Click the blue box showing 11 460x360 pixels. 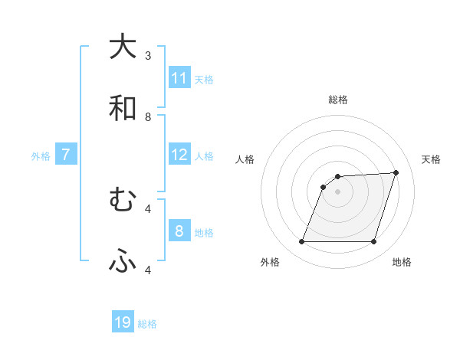coord(179,78)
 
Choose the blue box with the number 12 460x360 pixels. coord(179,155)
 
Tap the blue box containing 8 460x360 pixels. coord(179,231)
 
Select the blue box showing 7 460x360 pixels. coord(66,155)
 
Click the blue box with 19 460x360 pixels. coord(123,322)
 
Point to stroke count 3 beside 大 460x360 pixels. coord(148,55)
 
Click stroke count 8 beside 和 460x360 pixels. coord(148,116)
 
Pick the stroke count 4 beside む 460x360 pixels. coord(148,208)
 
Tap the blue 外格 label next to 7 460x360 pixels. coord(41,155)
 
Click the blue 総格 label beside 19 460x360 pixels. coord(147,323)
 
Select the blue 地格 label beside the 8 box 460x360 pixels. coord(204,232)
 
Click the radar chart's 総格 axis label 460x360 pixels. coord(337,100)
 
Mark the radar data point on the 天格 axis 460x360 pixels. coord(396,173)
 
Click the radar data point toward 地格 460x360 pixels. coord(373,242)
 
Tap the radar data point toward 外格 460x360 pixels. coord(301,242)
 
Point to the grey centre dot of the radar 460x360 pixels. coord(337,191)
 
